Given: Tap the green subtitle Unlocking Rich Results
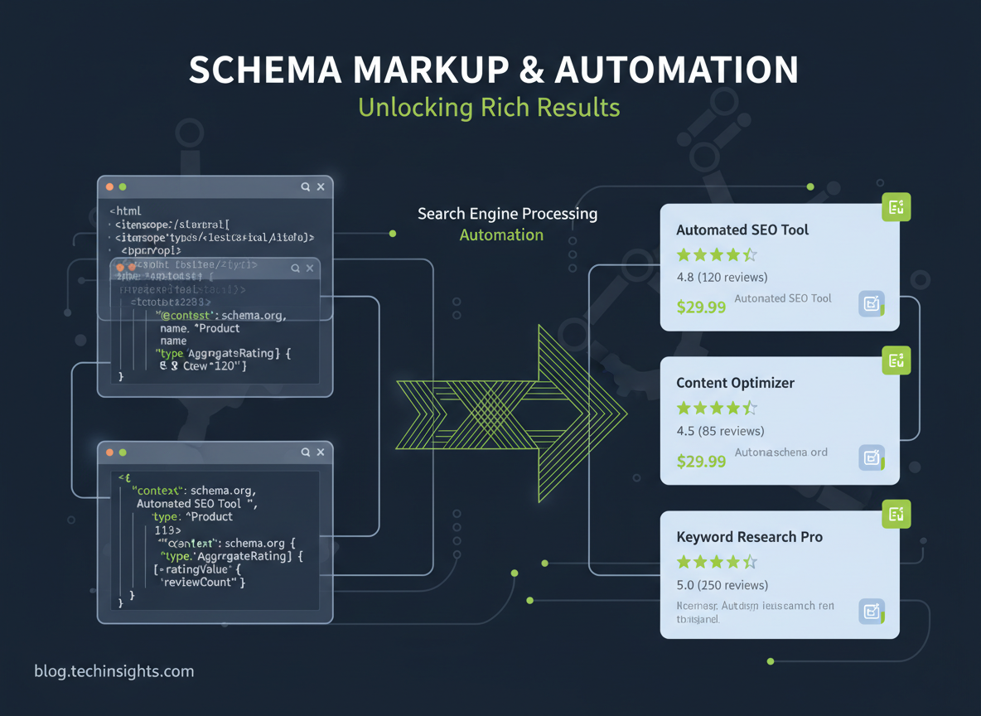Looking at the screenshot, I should [x=489, y=107].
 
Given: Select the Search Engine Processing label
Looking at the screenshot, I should [x=507, y=213].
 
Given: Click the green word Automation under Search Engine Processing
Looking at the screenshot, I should [x=501, y=235].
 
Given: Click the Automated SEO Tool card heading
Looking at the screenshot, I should [x=742, y=230].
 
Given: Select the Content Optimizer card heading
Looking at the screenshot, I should [x=735, y=383].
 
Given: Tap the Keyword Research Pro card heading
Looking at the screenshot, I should [x=749, y=537].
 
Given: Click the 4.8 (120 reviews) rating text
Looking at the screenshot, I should [x=722, y=277].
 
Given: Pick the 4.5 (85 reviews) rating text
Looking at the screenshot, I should [x=720, y=431].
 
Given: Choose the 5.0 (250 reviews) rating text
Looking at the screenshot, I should [x=722, y=585].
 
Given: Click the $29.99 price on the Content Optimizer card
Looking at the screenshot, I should [x=701, y=461].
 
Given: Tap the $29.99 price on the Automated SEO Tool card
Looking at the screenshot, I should [x=701, y=307].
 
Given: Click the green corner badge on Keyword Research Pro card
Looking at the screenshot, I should [x=896, y=514].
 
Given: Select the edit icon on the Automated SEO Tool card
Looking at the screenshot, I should [x=871, y=304].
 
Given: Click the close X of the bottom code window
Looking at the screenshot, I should [x=321, y=452].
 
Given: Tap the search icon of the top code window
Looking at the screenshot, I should [x=305, y=187].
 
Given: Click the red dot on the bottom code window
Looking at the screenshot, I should [x=109, y=452].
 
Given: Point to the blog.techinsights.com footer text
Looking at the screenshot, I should [x=114, y=671].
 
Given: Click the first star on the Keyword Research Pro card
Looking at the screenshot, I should [x=684, y=562].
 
